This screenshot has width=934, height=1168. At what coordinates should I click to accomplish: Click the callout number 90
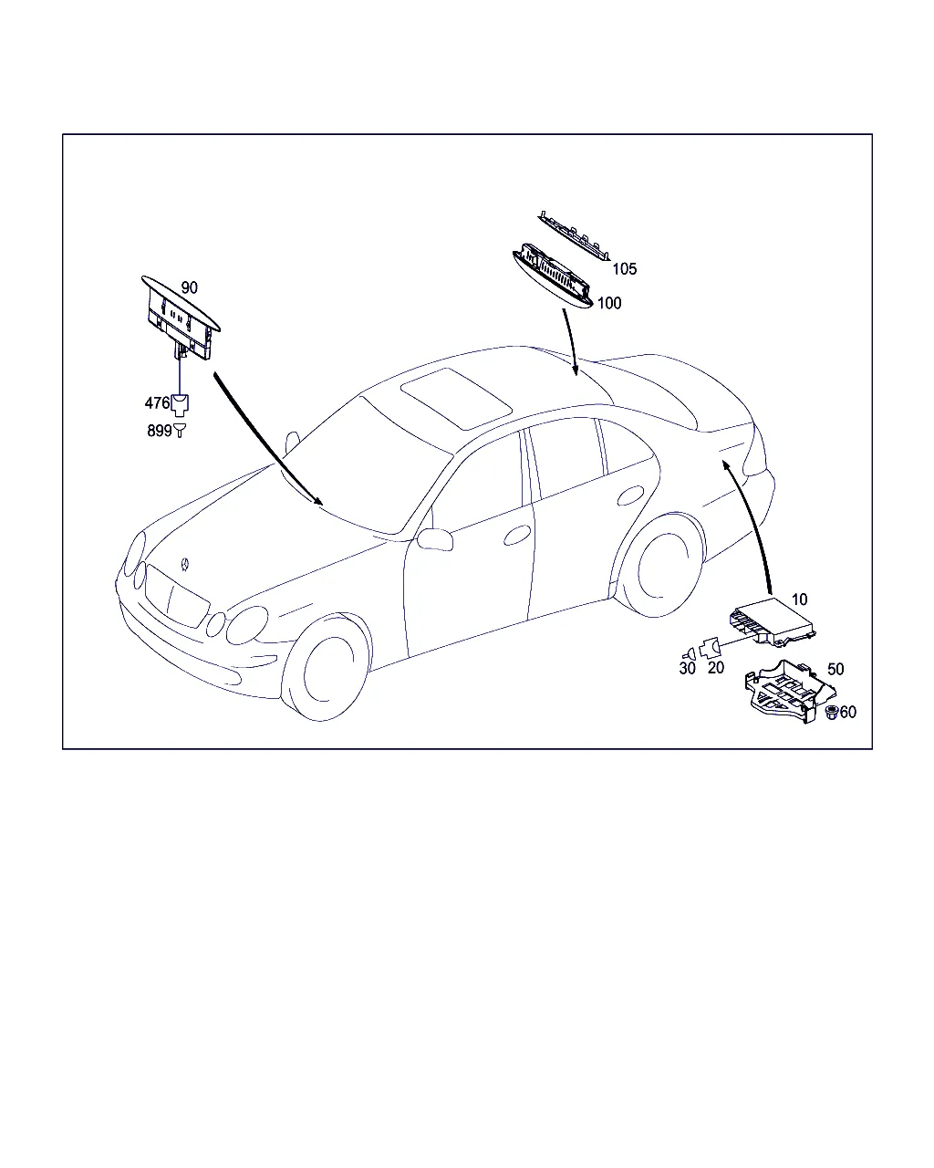pyautogui.click(x=189, y=287)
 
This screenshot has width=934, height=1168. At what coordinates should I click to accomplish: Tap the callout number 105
pyautogui.click(x=624, y=268)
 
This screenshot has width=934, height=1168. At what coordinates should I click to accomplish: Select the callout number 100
pyautogui.click(x=609, y=303)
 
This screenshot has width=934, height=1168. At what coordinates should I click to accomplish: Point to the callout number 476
pyautogui.click(x=158, y=402)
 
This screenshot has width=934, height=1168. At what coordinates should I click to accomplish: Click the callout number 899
pyautogui.click(x=159, y=431)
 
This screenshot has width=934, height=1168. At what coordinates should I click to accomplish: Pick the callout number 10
pyautogui.click(x=799, y=600)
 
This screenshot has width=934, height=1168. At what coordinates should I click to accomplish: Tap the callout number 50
pyautogui.click(x=835, y=669)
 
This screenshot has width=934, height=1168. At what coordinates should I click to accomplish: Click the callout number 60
pyautogui.click(x=847, y=712)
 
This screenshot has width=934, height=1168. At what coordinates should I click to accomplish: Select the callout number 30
pyautogui.click(x=687, y=668)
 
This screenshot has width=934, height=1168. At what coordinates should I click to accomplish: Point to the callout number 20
pyautogui.click(x=716, y=668)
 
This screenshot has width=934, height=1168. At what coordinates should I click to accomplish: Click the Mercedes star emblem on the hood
pyautogui.click(x=185, y=564)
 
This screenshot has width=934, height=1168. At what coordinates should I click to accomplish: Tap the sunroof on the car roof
pyautogui.click(x=456, y=399)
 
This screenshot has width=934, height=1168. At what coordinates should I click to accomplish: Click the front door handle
pyautogui.click(x=517, y=535)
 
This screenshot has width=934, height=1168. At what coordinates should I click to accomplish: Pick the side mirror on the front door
pyautogui.click(x=435, y=539)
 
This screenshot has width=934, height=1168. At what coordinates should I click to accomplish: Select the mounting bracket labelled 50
pyautogui.click(x=790, y=691)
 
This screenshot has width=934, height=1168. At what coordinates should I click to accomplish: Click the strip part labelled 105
pyautogui.click(x=575, y=235)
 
